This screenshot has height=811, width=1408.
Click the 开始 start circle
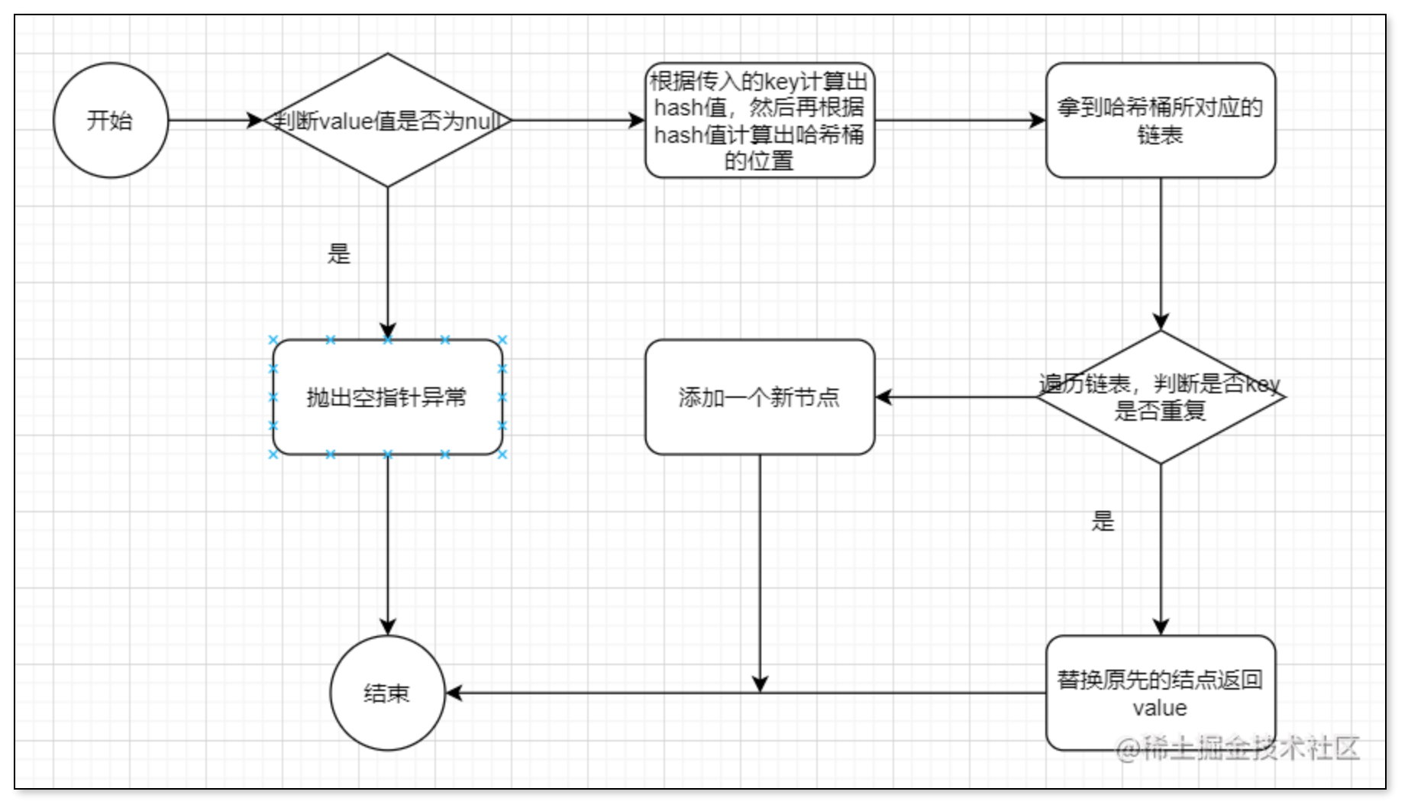pyautogui.click(x=111, y=121)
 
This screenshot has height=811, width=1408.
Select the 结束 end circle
pyautogui.click(x=387, y=693)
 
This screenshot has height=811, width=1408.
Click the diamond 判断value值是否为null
pyautogui.click(x=387, y=121)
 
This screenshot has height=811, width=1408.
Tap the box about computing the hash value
pyautogui.click(x=759, y=121)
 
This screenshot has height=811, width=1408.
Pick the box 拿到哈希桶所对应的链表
pyautogui.click(x=1160, y=121)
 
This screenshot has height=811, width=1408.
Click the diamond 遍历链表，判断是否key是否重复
pyautogui.click(x=1160, y=397)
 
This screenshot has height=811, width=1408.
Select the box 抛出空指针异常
pyautogui.click(x=387, y=397)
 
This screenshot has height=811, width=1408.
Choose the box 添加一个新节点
pyautogui.click(x=759, y=397)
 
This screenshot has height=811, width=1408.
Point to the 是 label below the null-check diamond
pyautogui.click(x=339, y=254)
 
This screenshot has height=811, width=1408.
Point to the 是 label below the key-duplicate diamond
pyautogui.click(x=1103, y=522)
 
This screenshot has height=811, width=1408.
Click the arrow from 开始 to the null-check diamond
pyautogui.click(x=214, y=121)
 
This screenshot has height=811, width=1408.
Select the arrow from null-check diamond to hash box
pyautogui.click(x=577, y=121)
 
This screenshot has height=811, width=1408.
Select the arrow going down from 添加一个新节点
pyautogui.click(x=760, y=573)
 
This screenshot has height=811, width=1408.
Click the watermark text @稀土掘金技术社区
pyautogui.click(x=1238, y=748)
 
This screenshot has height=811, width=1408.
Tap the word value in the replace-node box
pyautogui.click(x=1160, y=708)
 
